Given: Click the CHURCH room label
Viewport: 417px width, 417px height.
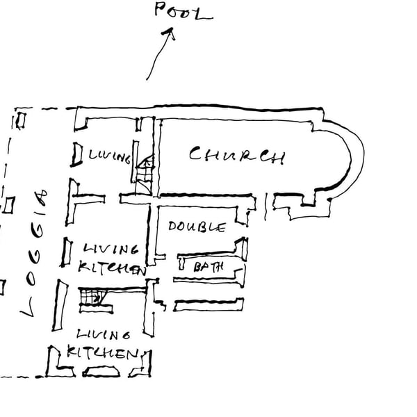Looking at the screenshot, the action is (x=237, y=155).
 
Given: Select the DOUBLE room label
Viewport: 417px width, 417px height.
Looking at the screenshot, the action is (x=197, y=227).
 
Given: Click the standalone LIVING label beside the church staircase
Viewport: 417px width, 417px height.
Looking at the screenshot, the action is (x=109, y=157).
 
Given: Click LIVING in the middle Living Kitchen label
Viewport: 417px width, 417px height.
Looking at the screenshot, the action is (x=110, y=248).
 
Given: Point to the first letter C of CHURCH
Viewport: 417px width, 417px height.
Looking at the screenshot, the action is (x=197, y=153).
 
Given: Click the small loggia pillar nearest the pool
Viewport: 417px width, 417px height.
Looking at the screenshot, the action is (x=20, y=120).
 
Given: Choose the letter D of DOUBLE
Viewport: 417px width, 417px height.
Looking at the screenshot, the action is (x=174, y=227).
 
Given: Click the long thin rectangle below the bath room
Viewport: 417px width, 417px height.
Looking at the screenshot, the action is (x=208, y=304).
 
